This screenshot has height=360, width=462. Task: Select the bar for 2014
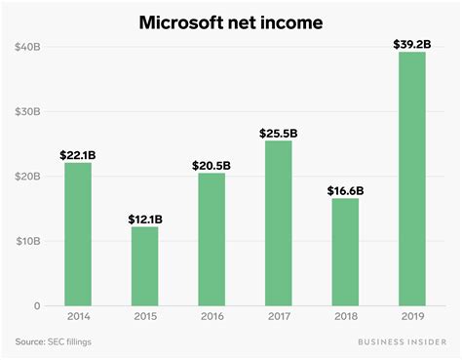point(78,234)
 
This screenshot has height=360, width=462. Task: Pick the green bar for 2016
point(212,239)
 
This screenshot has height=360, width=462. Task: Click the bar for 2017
point(278,223)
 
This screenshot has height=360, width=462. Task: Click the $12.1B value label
point(145,219)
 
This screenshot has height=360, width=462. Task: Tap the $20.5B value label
point(212,164)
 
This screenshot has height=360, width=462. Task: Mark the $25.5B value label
point(278,132)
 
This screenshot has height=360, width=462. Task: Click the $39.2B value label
point(410,43)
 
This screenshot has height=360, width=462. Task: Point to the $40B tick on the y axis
point(26,47)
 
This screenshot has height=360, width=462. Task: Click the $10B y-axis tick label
point(26,241)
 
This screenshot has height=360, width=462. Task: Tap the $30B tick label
point(26,111)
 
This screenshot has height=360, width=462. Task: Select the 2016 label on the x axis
point(212,318)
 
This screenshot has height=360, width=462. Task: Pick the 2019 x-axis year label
point(410,318)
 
